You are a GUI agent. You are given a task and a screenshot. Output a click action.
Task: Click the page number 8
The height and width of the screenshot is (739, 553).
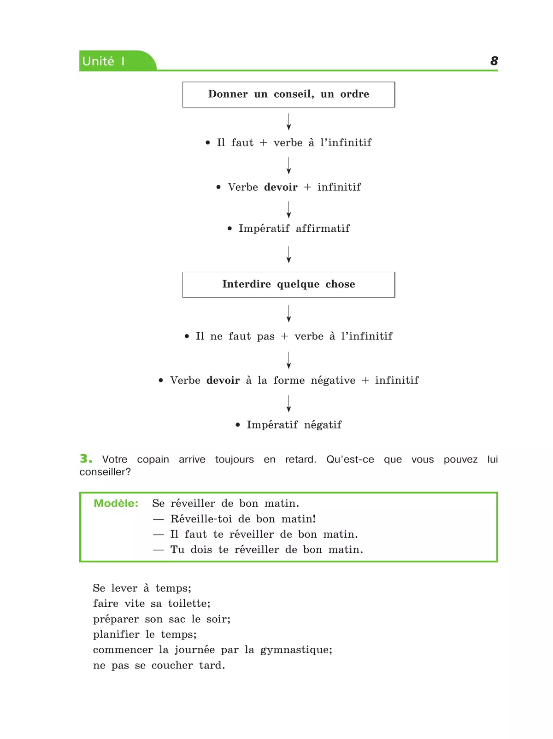point(494,61)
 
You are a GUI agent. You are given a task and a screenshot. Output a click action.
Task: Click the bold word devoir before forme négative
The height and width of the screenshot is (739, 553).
point(223,380)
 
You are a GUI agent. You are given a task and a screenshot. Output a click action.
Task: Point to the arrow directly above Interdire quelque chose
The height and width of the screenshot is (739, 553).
point(288,254)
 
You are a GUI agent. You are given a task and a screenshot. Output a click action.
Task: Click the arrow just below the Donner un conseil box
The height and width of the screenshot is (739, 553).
point(288,122)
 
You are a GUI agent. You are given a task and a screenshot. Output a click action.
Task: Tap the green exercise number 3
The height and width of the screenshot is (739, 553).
point(86,458)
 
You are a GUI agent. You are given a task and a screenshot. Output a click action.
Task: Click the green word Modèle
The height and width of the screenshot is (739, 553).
point(116,503)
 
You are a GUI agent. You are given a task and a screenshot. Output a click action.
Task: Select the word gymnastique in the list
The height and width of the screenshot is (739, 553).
point(296,650)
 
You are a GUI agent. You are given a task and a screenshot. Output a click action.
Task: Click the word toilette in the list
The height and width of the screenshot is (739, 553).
point(189,604)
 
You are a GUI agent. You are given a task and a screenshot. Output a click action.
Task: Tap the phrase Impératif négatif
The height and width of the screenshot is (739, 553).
point(294,425)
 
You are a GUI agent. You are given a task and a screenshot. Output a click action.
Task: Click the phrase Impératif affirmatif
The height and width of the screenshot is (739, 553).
point(294,228)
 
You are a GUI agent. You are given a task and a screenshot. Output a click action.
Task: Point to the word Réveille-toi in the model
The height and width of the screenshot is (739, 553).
point(201,519)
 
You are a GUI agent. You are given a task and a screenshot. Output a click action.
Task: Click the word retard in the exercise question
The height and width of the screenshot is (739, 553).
point(300,459)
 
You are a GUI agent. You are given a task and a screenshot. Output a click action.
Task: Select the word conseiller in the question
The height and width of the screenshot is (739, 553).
point(105,472)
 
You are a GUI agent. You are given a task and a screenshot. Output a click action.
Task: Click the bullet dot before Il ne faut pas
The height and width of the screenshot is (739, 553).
point(187,336)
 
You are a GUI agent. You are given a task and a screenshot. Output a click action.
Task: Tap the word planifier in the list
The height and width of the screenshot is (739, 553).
point(116,634)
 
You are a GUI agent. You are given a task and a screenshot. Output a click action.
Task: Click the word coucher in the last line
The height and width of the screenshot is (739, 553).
point(172,665)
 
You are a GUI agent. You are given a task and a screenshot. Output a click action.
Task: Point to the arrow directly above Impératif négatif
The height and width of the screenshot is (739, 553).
point(288,404)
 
